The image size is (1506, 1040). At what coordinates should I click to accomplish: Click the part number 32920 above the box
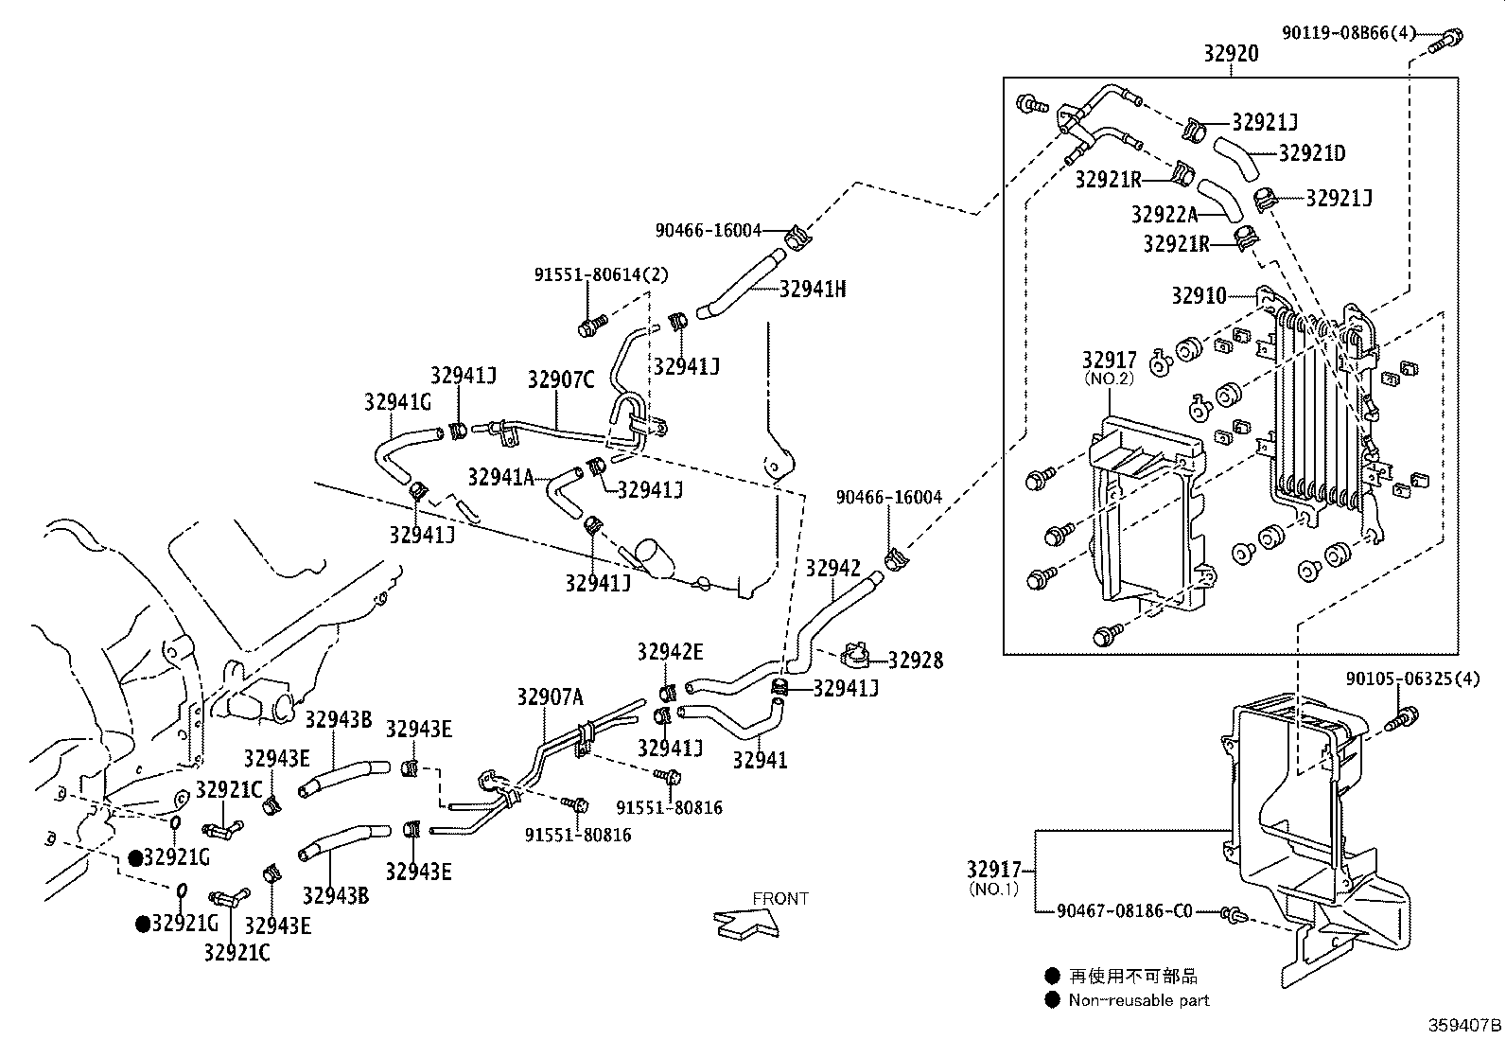click(1231, 54)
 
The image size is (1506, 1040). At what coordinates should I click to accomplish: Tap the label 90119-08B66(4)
click(1349, 33)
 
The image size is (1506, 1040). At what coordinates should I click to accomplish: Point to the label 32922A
click(1165, 215)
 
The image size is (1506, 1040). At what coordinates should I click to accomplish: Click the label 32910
click(1199, 296)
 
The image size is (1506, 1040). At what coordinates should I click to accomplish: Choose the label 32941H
click(813, 290)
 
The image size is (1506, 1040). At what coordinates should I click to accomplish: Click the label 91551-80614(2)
click(601, 275)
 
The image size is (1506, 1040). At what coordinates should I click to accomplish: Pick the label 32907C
click(561, 379)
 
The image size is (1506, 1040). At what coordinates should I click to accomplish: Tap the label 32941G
click(397, 401)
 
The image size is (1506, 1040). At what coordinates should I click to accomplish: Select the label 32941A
click(500, 476)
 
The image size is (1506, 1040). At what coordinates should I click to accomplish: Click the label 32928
click(915, 661)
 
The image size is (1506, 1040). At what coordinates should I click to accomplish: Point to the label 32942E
click(670, 651)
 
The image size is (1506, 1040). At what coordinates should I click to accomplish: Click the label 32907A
click(550, 698)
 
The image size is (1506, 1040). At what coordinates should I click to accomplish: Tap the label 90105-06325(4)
click(1412, 679)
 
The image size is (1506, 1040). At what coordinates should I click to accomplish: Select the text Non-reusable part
click(1139, 1000)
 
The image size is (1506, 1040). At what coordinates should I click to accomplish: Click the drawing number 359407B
click(1464, 1025)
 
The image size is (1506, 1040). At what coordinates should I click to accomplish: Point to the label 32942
click(832, 568)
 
